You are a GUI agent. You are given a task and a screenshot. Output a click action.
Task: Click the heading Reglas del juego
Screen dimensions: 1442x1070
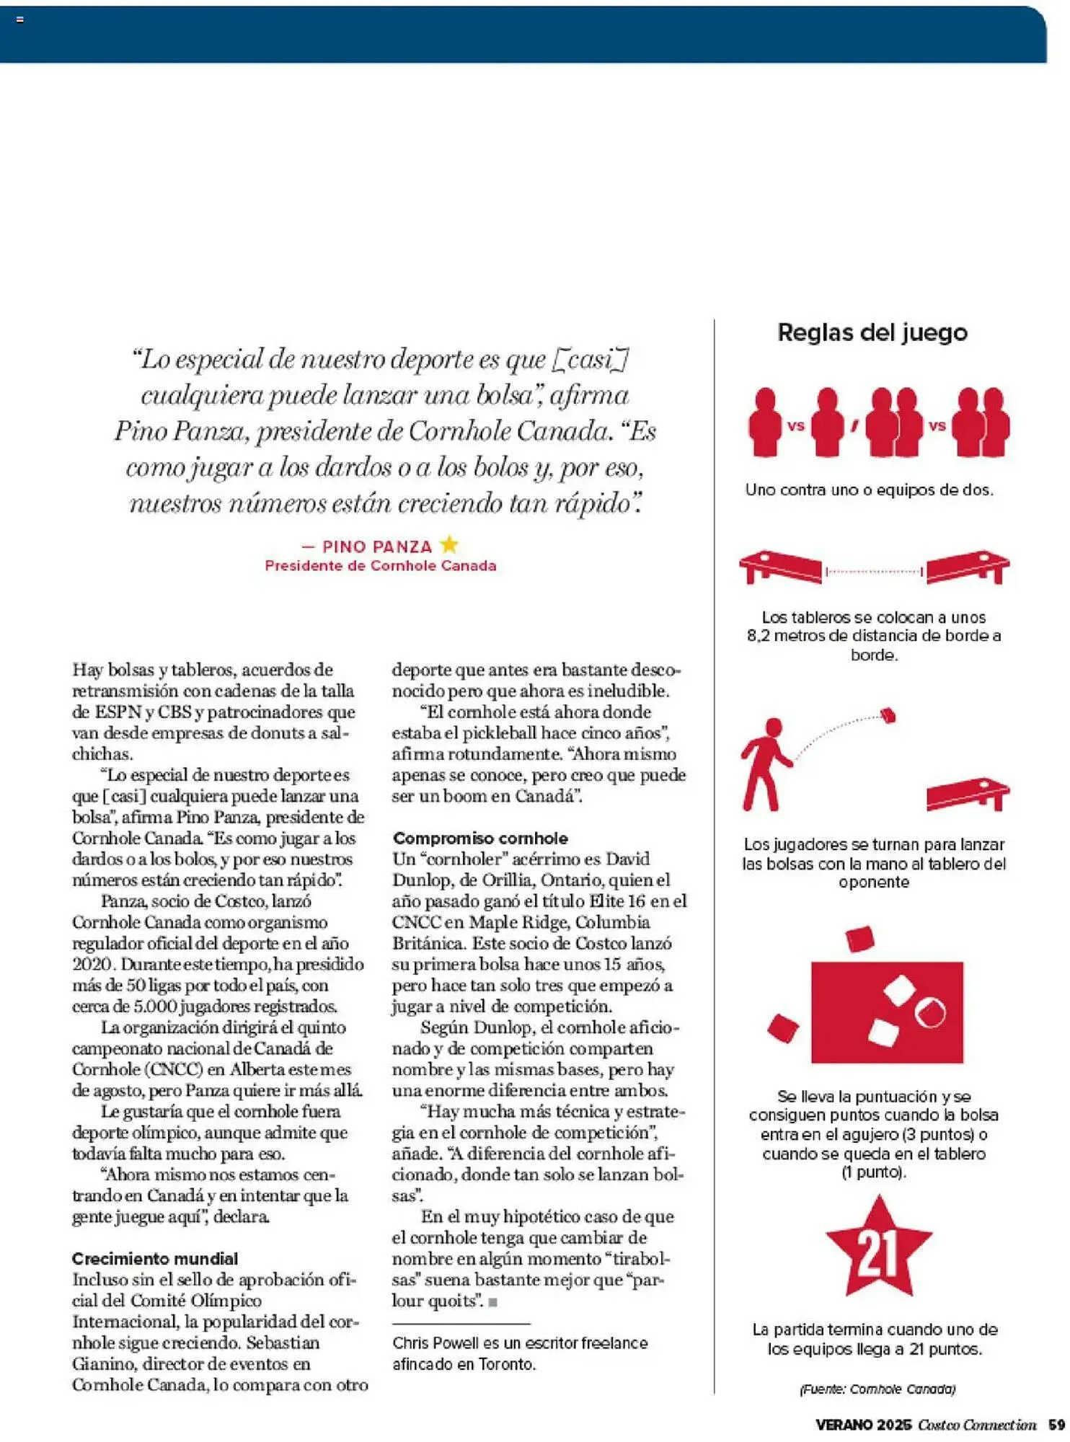[872, 332]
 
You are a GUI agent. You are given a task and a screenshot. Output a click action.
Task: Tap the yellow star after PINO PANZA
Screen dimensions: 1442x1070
[449, 545]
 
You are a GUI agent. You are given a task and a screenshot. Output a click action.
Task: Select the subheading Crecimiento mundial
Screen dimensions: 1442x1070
[155, 1259]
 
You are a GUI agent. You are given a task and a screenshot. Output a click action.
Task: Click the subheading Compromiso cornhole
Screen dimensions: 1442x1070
[480, 839]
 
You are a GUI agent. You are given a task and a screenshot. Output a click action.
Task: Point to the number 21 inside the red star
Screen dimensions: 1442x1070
[877, 1253]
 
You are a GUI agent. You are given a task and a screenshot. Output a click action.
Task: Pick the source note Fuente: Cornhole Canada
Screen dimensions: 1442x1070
[877, 1389]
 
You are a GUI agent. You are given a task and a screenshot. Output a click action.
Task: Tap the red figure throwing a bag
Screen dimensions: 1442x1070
[766, 764]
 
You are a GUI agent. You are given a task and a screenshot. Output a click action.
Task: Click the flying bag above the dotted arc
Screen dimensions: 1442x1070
[888, 716]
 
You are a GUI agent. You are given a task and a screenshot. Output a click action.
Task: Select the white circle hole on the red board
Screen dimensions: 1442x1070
[930, 1013]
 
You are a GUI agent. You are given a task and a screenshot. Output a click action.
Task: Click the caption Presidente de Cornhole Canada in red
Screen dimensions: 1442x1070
[381, 566]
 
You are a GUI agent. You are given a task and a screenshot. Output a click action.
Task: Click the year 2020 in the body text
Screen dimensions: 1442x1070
[92, 965]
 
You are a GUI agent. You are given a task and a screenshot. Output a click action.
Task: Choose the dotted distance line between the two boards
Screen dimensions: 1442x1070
[874, 571]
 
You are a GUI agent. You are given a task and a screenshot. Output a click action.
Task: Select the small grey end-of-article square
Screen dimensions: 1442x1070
[493, 1302]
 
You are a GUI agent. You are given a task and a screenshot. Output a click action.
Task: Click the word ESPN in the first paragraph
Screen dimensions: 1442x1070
[118, 712]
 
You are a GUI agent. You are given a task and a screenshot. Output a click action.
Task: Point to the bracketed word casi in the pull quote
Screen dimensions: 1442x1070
[591, 359]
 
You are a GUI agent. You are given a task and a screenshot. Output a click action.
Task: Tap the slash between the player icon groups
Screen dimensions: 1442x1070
[854, 425]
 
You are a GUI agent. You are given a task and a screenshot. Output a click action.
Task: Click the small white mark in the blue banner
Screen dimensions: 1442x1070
[20, 19]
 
